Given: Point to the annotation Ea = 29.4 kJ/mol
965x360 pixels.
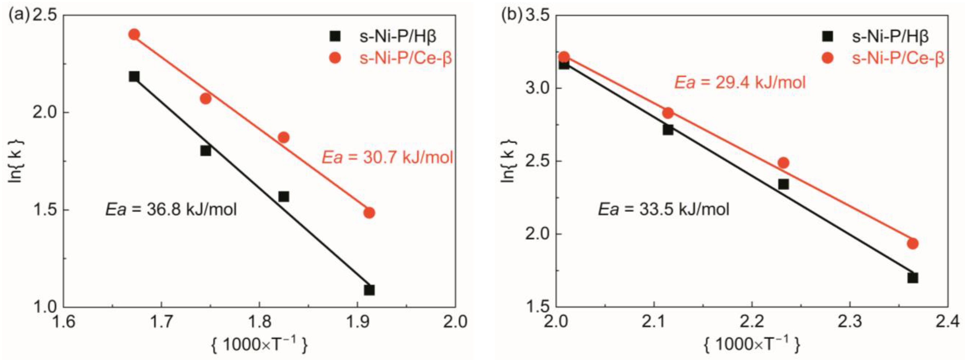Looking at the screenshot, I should pos(740,83).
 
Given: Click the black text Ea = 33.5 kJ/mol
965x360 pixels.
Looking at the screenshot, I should pos(664,209).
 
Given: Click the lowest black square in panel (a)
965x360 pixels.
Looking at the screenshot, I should pos(369,290).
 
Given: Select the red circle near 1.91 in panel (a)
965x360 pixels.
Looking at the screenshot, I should pos(369,213).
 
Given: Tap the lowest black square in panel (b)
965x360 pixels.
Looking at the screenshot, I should pos(912,278).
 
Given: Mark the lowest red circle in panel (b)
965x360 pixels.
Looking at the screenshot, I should pos(912,243).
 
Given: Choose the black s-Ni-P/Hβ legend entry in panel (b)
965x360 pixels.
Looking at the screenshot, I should pos(877,36).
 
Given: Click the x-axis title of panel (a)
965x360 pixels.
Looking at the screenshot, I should pos(259,345).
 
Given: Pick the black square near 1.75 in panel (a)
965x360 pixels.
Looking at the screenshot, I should pos(205,151).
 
